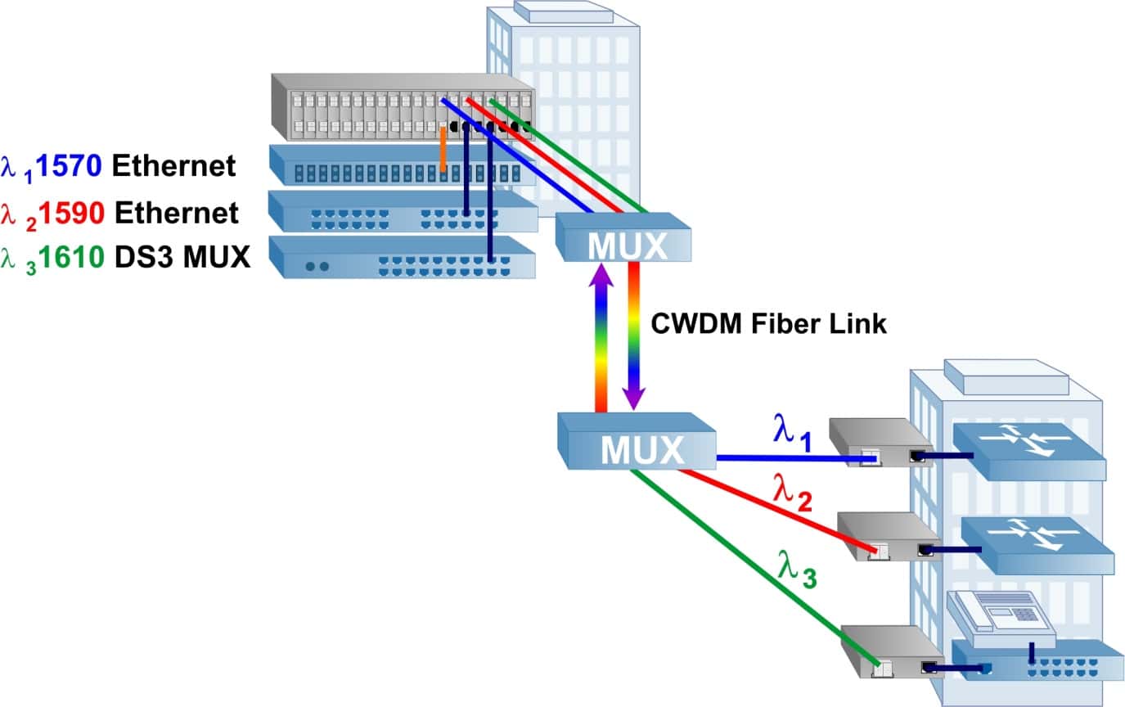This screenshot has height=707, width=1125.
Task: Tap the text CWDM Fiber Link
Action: [768, 323]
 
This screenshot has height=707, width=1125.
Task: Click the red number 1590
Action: [72, 213]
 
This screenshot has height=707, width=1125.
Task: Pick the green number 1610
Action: [72, 259]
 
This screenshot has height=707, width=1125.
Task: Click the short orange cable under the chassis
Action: [443, 149]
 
